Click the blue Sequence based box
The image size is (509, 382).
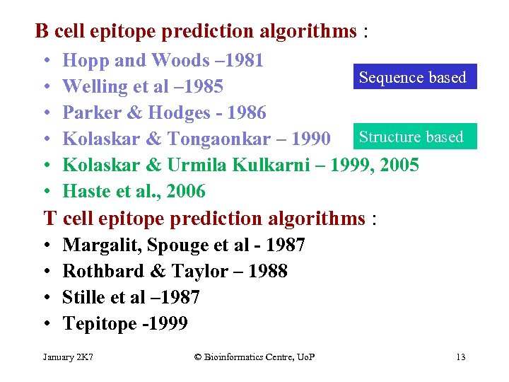pyautogui.click(x=413, y=77)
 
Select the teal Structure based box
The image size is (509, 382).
pyautogui.click(x=411, y=137)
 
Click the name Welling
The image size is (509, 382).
pyautogui.click(x=90, y=87)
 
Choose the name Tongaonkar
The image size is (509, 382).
pyautogui.click(x=222, y=139)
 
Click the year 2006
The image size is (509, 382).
pyautogui.click(x=185, y=192)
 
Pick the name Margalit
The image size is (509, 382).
pyautogui.click(x=94, y=245)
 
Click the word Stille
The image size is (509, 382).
pyautogui.click(x=83, y=298)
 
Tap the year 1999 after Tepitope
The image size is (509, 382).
pyautogui.click(x=170, y=324)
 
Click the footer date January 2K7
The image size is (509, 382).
pyautogui.click(x=68, y=357)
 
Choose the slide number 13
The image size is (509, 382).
pyautogui.click(x=460, y=357)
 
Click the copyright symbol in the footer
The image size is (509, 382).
pyautogui.click(x=197, y=357)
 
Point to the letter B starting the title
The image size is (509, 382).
pyautogui.click(x=42, y=31)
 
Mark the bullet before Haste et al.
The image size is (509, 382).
pyautogui.click(x=45, y=192)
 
